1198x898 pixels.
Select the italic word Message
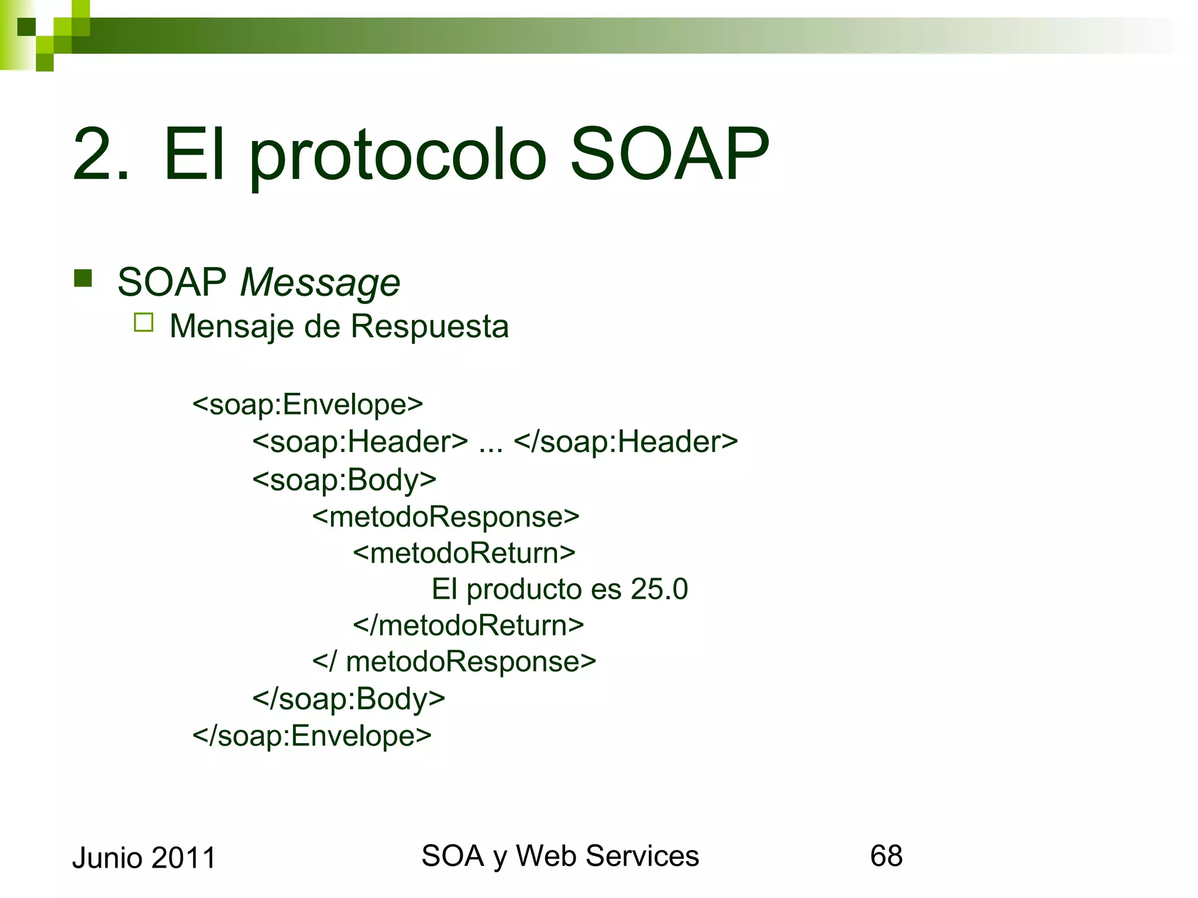pos(320,283)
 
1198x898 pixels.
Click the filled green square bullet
pos(84,278)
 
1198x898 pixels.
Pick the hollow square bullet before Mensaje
pos(143,323)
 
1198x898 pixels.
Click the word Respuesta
pos(429,326)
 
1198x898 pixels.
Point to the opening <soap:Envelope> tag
pos(307,405)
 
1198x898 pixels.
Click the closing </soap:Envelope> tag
pos(312,735)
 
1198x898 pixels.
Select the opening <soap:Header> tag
pos(360,442)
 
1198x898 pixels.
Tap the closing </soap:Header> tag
pos(625,442)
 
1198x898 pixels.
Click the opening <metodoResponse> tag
pos(445,517)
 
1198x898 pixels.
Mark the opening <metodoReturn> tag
pos(464,553)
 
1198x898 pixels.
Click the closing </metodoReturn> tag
pos(468,626)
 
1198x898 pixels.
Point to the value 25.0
pos(659,589)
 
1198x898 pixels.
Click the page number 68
pos(886,856)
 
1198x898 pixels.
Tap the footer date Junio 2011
pos(144,858)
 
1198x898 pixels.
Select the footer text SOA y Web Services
pos(560,856)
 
